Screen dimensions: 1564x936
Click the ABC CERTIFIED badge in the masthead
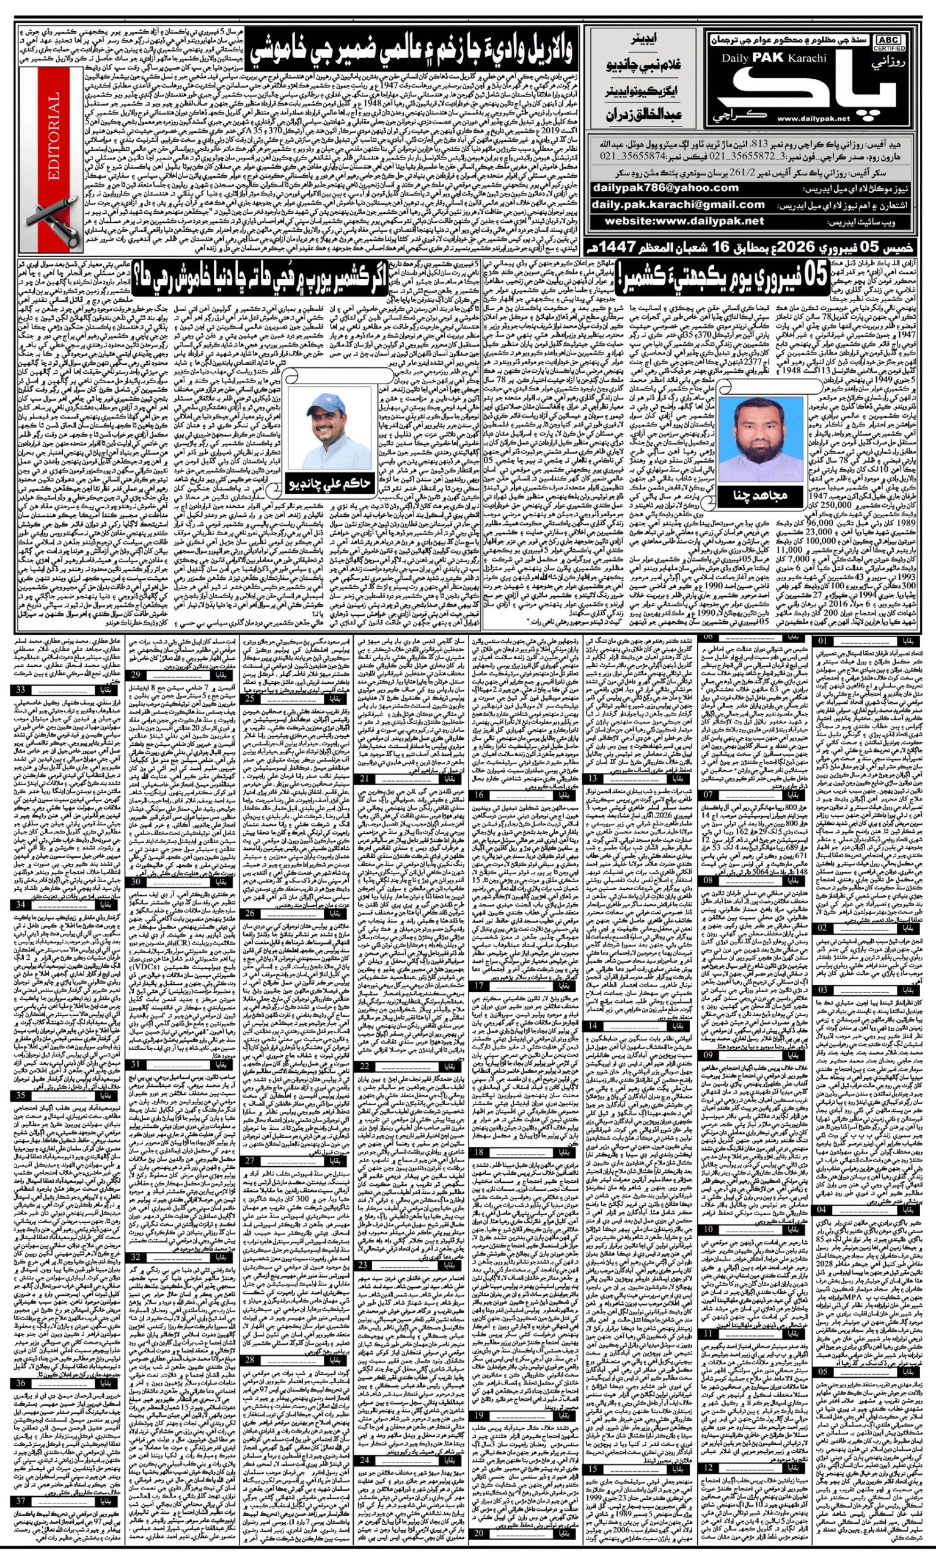click(888, 43)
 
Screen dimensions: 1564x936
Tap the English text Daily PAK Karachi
click(774, 58)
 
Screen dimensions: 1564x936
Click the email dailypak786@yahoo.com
click(665, 188)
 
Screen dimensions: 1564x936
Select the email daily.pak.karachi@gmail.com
click(678, 204)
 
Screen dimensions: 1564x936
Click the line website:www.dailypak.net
click(684, 221)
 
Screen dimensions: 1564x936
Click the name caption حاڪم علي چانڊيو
click(329, 484)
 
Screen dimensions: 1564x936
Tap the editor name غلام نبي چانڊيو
click(643, 65)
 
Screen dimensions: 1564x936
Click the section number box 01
click(822, 641)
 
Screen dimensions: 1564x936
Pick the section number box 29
click(136, 675)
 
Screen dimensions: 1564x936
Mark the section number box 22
click(365, 1066)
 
